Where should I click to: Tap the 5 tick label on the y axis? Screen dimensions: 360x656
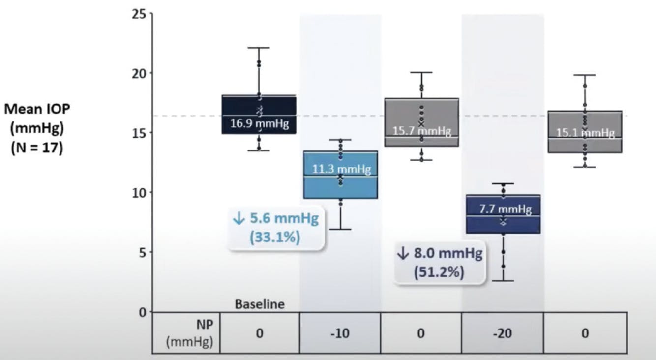(142, 252)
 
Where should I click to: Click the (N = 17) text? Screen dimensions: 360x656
(37, 148)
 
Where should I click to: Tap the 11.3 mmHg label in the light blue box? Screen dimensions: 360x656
(341, 169)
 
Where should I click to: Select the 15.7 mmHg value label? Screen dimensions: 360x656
(421, 131)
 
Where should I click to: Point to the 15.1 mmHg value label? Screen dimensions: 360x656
(585, 133)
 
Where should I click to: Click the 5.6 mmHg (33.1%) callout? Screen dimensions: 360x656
(275, 228)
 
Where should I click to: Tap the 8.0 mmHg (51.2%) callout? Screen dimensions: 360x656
(439, 263)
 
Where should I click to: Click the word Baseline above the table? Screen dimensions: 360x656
(259, 304)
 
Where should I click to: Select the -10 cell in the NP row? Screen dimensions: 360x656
(340, 333)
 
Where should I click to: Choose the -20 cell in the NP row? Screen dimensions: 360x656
(503, 333)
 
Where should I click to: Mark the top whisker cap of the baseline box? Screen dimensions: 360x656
(259, 48)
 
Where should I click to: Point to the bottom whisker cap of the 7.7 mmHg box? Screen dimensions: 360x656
(503, 281)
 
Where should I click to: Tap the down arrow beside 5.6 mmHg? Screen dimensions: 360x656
(239, 219)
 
